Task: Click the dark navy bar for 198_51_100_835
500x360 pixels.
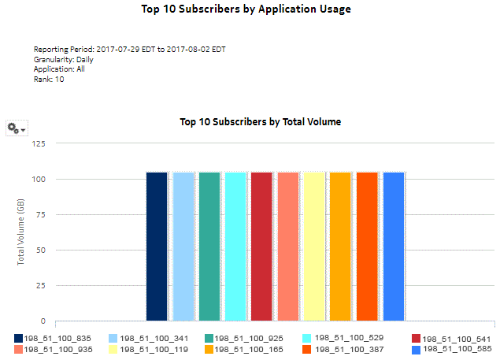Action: (157, 246)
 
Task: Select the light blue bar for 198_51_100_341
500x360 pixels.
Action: (183, 246)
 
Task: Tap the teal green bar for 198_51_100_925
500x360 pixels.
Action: (209, 246)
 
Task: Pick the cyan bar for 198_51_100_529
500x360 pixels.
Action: (235, 246)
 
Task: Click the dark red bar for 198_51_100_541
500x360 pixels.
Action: (261, 246)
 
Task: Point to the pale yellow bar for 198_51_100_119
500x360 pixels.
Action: (314, 246)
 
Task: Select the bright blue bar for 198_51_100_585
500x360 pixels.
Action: (393, 246)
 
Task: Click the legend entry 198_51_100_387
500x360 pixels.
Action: (345, 348)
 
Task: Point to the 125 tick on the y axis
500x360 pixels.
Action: (37, 143)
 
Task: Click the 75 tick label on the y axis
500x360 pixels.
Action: (39, 215)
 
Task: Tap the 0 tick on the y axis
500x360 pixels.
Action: (42, 321)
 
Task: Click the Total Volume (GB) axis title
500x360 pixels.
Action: (21, 232)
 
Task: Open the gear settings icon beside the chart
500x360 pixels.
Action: (15, 128)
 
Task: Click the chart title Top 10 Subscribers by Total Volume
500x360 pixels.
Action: (260, 122)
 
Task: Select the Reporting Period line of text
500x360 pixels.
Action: (130, 49)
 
